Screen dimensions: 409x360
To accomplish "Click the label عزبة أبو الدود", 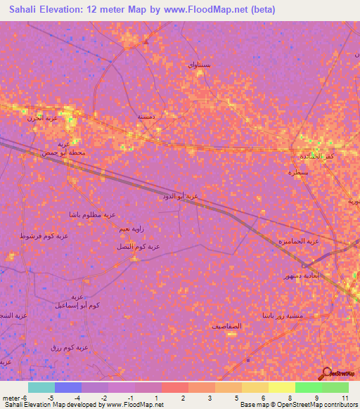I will tap(181, 197).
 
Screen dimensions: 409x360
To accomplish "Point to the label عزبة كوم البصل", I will tap(138, 247).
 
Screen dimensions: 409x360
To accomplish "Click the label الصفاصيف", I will tap(226, 326).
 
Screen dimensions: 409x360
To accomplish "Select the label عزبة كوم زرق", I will tap(70, 348).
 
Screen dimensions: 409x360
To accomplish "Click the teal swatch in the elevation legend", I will tap(41, 387).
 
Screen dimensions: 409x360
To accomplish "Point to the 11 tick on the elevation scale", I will tap(345, 398).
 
